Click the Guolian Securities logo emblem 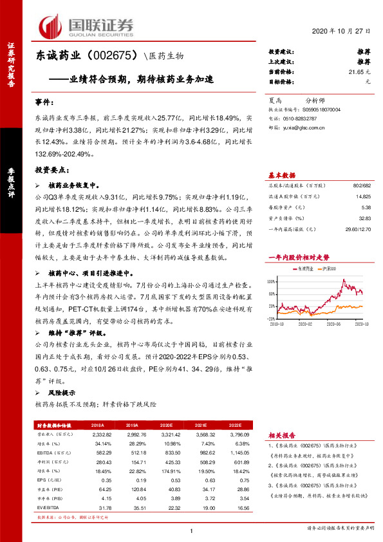point(50,26)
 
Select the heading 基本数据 point(281,176)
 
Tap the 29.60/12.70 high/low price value point(357,229)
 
